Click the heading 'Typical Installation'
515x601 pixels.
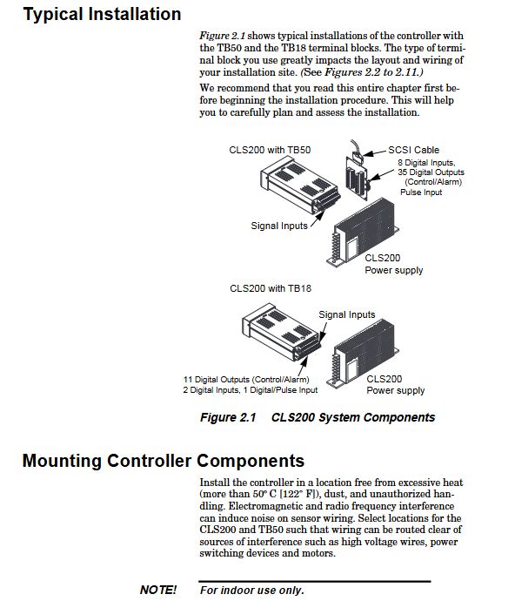click(103, 15)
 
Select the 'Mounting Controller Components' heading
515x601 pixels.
click(164, 461)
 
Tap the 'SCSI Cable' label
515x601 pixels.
click(413, 150)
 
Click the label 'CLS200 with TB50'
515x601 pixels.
click(270, 150)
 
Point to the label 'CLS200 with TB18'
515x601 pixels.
click(271, 288)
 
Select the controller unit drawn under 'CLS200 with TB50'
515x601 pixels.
click(300, 186)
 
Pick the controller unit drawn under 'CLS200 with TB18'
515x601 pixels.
click(282, 332)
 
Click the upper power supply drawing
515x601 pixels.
click(363, 233)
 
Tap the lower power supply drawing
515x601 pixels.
click(363, 354)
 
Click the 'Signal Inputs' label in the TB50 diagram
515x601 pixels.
click(279, 226)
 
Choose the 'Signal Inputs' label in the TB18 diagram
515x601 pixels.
click(347, 314)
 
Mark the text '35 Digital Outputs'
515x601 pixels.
click(431, 172)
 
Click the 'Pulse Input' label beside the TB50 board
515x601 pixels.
click(421, 192)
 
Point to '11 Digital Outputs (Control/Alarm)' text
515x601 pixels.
click(246, 380)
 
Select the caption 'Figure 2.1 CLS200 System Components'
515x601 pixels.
click(318, 417)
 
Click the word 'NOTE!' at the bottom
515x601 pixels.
click(158, 590)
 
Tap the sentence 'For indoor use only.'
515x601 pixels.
click(252, 591)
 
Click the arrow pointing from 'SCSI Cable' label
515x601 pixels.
click(374, 153)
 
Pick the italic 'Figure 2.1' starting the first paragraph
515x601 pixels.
click(222, 36)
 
